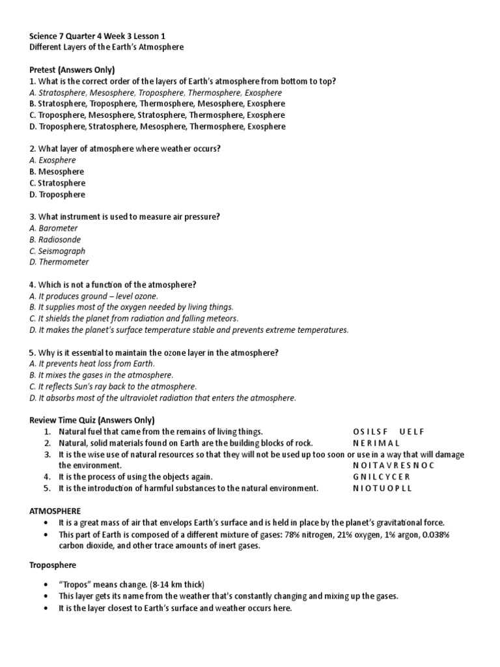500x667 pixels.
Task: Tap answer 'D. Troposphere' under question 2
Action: click(57, 194)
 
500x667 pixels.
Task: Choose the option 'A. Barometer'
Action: click(53, 228)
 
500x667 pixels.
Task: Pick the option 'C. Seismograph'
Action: click(57, 251)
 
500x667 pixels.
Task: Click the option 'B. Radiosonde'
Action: click(57, 240)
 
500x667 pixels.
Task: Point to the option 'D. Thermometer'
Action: click(59, 262)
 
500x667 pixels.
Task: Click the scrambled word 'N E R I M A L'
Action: click(376, 443)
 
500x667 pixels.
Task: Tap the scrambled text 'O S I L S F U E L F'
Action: click(389, 432)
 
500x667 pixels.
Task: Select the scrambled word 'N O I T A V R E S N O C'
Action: click(393, 466)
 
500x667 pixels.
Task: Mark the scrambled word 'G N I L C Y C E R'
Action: click(382, 477)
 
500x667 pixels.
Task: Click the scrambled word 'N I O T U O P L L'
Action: click(382, 488)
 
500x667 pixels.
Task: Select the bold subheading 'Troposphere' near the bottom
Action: click(53, 565)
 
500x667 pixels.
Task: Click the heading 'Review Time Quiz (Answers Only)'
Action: click(92, 420)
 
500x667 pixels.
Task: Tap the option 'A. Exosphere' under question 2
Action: click(53, 160)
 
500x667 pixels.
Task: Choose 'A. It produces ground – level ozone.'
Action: click(94, 296)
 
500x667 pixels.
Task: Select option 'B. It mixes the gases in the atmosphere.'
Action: click(102, 375)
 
